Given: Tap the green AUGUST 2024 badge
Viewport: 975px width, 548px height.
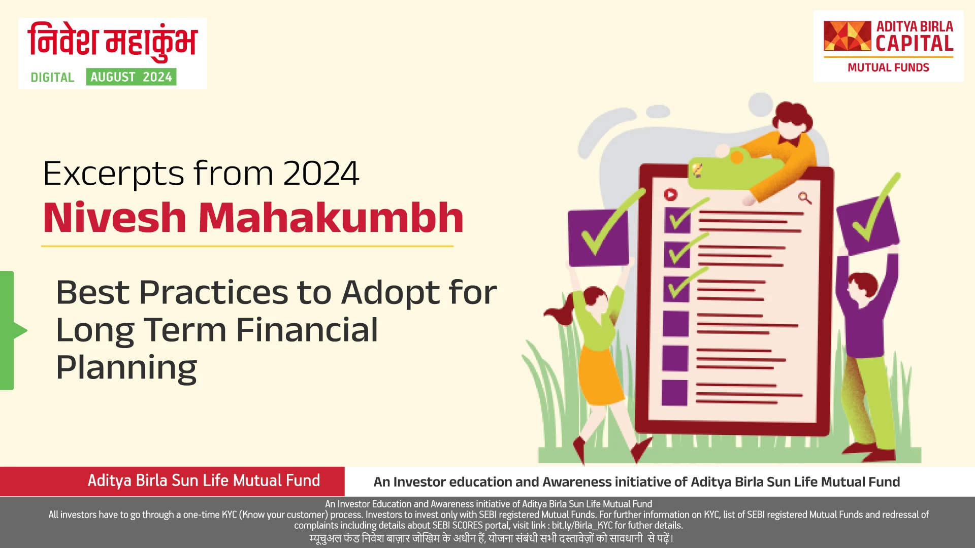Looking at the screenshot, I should point(131,77).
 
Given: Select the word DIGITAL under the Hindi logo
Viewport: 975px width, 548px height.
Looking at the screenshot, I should point(52,78).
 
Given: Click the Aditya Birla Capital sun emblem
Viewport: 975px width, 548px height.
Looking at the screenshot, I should point(847,36).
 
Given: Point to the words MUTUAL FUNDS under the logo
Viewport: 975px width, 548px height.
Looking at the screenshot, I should point(888,67).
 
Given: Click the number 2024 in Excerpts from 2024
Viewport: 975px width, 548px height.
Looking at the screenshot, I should point(321,174).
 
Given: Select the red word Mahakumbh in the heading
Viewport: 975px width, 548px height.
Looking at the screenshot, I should point(331,218).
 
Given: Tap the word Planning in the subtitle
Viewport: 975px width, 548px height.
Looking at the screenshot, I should point(126,367).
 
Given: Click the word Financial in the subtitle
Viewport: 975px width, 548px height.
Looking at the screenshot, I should point(307,330).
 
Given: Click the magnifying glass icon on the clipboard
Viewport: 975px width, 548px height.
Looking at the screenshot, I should point(804,198).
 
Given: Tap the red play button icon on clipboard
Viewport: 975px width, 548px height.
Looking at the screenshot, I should point(670,194).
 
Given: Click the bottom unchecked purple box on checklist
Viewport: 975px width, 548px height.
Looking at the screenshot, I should point(674,393).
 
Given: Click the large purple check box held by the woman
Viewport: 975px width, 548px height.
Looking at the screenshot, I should point(598,238).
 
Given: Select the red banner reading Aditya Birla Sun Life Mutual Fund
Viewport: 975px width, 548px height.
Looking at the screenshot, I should point(204,481).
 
